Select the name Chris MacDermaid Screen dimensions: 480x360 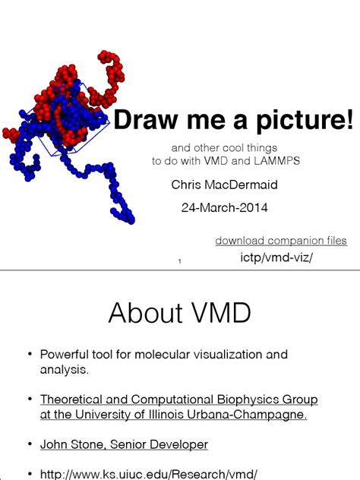point(224,185)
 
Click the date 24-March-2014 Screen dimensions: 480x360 point(224,207)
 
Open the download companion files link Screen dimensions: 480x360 point(281,241)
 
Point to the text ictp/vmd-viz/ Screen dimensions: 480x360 point(276,258)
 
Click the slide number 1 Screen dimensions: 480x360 point(179,263)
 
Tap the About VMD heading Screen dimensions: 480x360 point(179,313)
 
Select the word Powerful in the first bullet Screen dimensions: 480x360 point(65,355)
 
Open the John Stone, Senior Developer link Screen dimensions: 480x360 point(124,444)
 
